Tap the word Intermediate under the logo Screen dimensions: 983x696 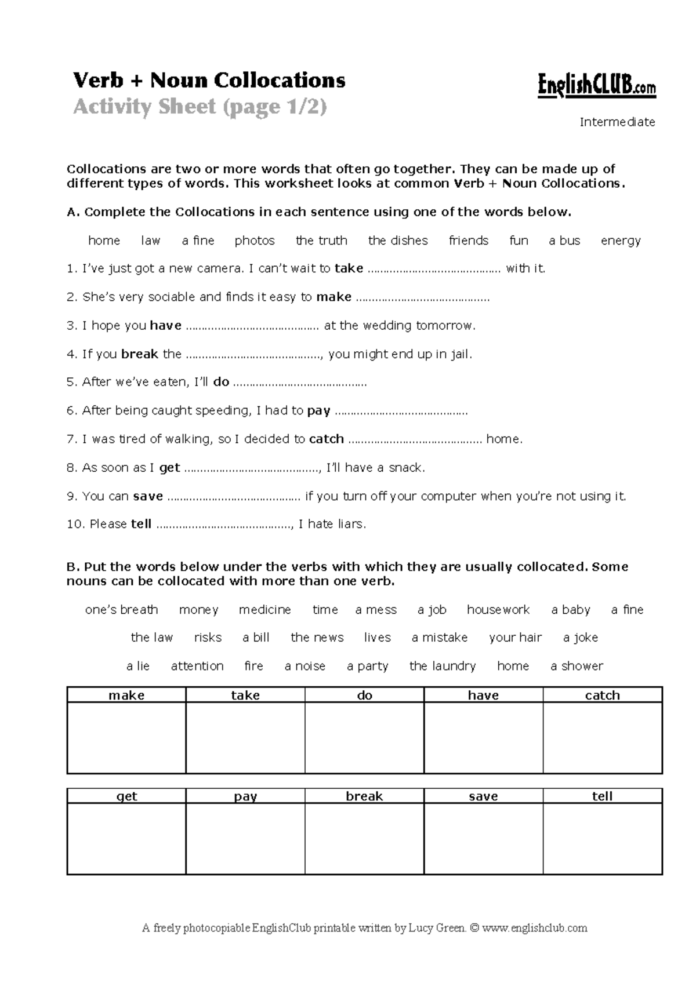[x=617, y=122]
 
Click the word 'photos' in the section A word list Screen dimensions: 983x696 [x=255, y=241]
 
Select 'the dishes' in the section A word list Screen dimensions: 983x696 [x=398, y=241]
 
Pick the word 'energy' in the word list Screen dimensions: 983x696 [x=621, y=241]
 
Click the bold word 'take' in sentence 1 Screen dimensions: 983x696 [x=349, y=268]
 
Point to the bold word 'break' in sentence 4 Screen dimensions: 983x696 [x=140, y=354]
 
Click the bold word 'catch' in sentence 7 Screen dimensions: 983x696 [x=327, y=439]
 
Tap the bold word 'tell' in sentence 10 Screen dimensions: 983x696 [x=141, y=525]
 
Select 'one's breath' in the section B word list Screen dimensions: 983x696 [x=121, y=610]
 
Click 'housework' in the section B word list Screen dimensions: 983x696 [x=498, y=610]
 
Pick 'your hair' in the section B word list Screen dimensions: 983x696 [x=515, y=638]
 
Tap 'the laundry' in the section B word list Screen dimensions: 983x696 [x=443, y=666]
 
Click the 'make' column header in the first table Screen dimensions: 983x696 [x=126, y=695]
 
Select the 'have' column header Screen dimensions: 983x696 [x=483, y=695]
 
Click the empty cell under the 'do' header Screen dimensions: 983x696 [x=364, y=737]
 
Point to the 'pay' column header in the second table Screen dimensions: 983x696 [x=245, y=796]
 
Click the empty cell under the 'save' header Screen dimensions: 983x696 [x=483, y=838]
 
